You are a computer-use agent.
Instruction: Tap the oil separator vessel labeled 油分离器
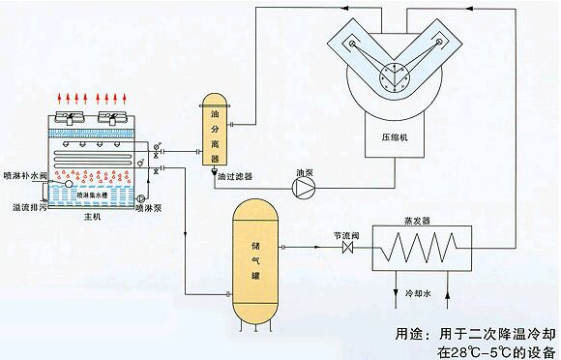point(216,129)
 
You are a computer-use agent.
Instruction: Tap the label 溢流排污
point(25,206)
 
